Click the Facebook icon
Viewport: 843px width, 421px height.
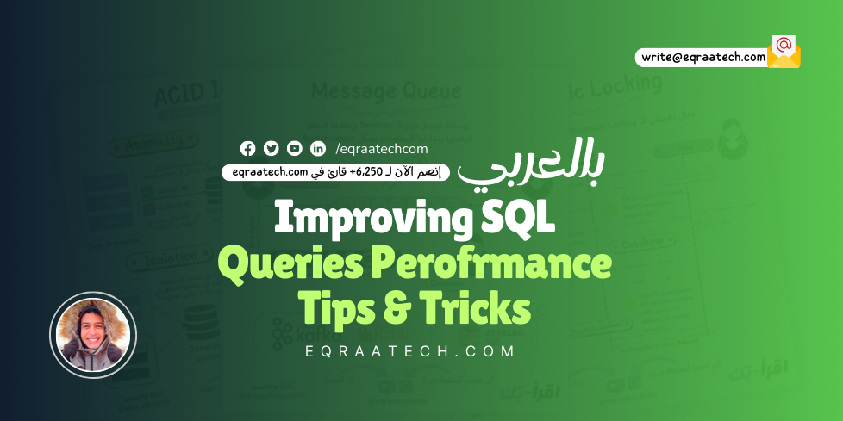pyautogui.click(x=247, y=148)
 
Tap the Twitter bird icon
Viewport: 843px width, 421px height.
pyautogui.click(x=271, y=148)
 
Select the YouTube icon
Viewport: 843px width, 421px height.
pyautogui.click(x=295, y=148)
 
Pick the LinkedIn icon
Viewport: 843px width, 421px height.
pyautogui.click(x=318, y=148)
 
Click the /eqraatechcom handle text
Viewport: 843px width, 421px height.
pyautogui.click(x=381, y=148)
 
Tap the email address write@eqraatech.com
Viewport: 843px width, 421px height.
pyautogui.click(x=703, y=57)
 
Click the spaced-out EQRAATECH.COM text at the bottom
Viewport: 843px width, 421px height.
pyautogui.click(x=410, y=351)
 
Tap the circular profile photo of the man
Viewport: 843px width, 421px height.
pyautogui.click(x=93, y=335)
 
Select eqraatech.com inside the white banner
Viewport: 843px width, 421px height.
pyautogui.click(x=271, y=171)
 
